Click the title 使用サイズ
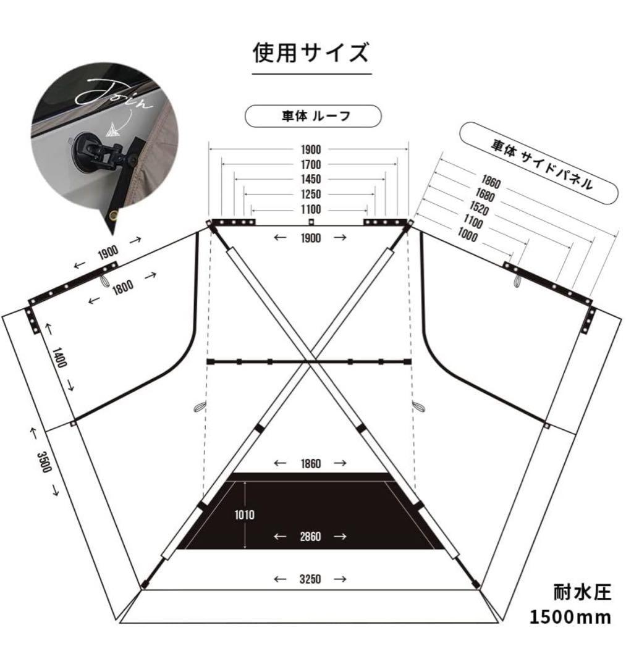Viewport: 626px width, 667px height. point(311,53)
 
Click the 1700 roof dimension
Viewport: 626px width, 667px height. point(311,165)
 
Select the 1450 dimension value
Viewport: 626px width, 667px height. point(311,180)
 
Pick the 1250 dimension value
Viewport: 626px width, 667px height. point(311,195)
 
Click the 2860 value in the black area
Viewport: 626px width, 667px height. point(310,537)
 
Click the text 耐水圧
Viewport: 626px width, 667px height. point(582,593)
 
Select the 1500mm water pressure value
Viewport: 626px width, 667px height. point(570,617)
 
